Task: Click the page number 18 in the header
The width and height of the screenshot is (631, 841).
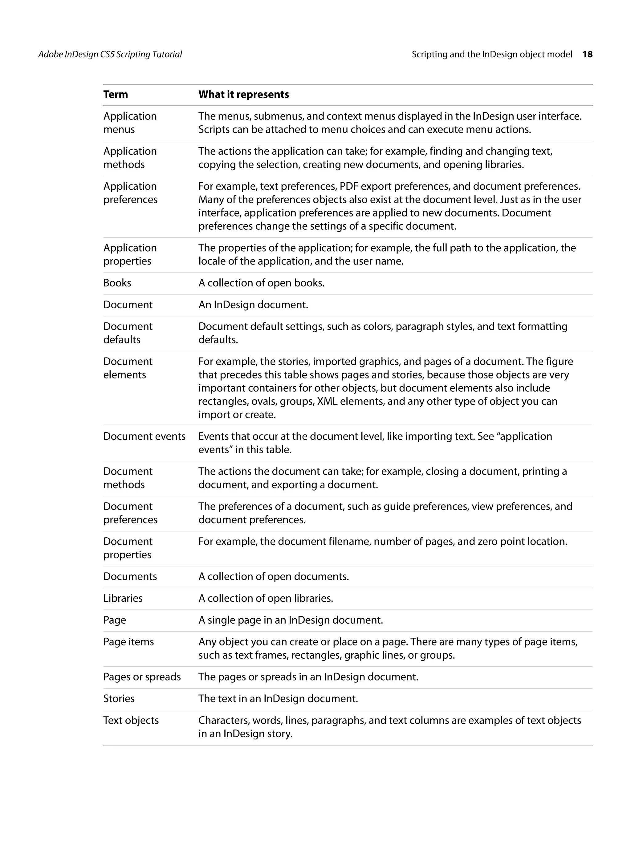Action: click(587, 55)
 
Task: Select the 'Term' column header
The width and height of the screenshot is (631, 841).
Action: click(116, 94)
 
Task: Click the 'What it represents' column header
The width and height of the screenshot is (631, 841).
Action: click(243, 94)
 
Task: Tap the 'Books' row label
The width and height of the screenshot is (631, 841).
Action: click(117, 283)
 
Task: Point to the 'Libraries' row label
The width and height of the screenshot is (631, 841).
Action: click(123, 598)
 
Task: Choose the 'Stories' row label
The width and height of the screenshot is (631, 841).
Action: click(119, 698)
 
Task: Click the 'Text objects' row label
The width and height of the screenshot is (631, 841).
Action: click(131, 720)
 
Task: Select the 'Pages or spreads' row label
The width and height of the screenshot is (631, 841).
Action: click(142, 677)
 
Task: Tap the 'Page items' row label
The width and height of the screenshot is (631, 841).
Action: click(128, 642)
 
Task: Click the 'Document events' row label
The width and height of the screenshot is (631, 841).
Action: click(145, 436)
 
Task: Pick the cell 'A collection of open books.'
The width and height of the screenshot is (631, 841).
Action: click(261, 283)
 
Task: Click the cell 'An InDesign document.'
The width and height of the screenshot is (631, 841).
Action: click(253, 305)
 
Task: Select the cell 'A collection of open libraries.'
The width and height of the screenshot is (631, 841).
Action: click(266, 598)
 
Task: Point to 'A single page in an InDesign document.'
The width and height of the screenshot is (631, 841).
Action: click(291, 620)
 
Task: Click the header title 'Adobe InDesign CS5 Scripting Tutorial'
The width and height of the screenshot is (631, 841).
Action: click(110, 55)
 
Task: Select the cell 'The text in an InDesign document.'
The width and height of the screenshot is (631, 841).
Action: click(278, 698)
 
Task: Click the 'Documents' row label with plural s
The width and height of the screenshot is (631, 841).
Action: click(130, 576)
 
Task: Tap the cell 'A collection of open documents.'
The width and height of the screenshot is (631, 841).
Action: click(274, 576)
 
